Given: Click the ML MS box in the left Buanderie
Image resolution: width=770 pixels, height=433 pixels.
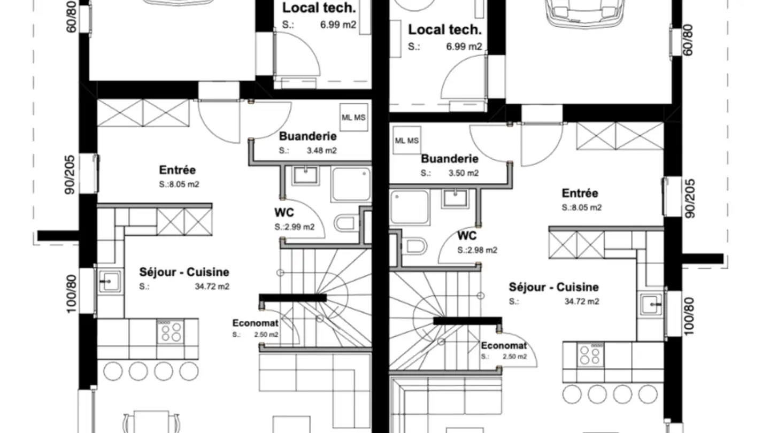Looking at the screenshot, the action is tap(354, 117).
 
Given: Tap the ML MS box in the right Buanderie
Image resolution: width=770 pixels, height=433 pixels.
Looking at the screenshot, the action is tap(407, 140).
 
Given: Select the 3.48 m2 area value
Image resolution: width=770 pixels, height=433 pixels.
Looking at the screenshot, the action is tap(321, 151).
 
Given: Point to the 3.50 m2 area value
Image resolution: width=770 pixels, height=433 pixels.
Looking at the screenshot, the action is tap(464, 173).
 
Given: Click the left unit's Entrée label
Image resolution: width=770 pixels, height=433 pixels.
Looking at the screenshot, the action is tap(178, 170).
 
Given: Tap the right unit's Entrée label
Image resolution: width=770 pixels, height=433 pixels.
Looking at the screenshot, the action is tap(580, 193).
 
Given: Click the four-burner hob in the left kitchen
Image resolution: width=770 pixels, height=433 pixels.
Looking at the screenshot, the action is tap(171, 331).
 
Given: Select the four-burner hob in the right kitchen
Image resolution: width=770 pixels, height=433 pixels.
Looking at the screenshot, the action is tap(590, 354).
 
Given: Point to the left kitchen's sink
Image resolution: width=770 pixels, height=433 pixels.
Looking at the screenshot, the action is tap(110, 282).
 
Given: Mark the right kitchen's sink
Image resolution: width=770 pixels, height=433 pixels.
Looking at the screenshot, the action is tap(651, 305).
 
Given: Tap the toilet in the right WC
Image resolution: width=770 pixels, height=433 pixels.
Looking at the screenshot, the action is tap(414, 246).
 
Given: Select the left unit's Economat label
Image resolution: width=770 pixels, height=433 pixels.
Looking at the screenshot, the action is tap(256, 323).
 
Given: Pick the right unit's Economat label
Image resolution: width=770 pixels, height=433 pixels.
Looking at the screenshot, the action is tap(504, 346).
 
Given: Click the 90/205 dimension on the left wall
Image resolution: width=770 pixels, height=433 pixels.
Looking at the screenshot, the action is tap(70, 175).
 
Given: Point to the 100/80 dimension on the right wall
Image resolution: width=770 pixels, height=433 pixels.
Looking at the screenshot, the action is tap(689, 316).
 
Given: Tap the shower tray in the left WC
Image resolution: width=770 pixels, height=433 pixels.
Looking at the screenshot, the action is tap(351, 184).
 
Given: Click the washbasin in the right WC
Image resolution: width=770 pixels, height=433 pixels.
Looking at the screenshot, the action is tap(456, 199).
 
